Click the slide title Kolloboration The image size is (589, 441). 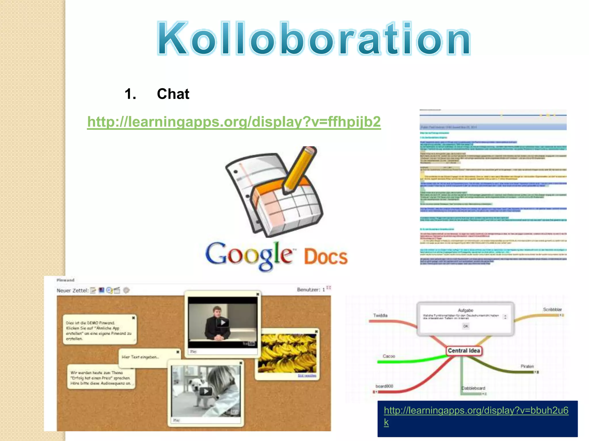pos(313,39)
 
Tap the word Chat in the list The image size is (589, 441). pos(173,94)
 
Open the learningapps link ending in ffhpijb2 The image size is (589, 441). pos(234,122)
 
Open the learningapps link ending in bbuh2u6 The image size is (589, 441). pos(476,411)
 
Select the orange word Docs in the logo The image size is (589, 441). pos(326,257)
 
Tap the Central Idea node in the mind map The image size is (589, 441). pos(464,351)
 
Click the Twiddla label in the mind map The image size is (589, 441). pos(380,316)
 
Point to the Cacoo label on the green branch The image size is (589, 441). pos(389,356)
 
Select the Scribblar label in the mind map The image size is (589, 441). pos(552,310)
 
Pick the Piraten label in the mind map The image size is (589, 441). pos(527,366)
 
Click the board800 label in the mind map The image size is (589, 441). pos(384,386)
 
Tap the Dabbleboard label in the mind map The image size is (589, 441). pos(473,388)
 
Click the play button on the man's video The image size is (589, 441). pos(223,322)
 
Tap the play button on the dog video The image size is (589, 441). pos(206,391)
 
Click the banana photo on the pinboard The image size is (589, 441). pos(287,353)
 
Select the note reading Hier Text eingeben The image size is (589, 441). pos(140,357)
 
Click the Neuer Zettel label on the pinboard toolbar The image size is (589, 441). pos(72,291)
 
